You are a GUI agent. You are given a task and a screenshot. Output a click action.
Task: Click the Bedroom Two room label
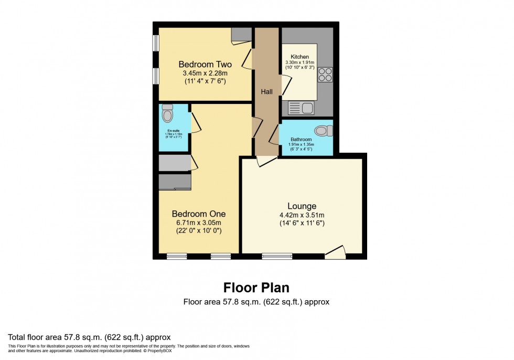tap(205, 65)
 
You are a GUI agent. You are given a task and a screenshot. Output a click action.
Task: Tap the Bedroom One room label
tap(199, 214)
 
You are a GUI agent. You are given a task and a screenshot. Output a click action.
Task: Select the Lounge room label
tap(301, 206)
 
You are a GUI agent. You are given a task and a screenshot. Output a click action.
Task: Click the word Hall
tap(267, 92)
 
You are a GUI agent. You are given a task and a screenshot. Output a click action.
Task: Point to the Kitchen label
tap(300, 57)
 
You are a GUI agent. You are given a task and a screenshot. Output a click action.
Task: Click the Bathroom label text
tap(301, 140)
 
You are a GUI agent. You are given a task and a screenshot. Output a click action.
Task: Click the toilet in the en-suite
tap(167, 113)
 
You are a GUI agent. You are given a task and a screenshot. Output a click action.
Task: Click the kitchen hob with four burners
tap(325, 75)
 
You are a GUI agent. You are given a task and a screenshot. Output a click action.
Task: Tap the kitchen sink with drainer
tap(301, 109)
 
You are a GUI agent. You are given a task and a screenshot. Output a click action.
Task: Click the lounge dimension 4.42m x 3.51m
tap(301, 215)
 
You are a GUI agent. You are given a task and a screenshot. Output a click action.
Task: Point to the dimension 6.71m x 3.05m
tap(199, 223)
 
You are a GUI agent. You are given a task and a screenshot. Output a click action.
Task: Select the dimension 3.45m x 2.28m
tap(205, 73)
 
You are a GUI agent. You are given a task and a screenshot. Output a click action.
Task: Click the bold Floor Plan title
tap(256, 288)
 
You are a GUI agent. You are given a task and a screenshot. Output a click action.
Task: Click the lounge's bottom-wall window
tap(277, 257)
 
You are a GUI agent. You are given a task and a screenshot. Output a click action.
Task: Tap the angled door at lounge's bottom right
tap(335, 252)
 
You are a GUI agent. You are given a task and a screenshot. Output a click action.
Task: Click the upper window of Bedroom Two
tap(156, 44)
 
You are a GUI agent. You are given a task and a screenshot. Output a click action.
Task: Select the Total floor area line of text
tap(89, 336)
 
